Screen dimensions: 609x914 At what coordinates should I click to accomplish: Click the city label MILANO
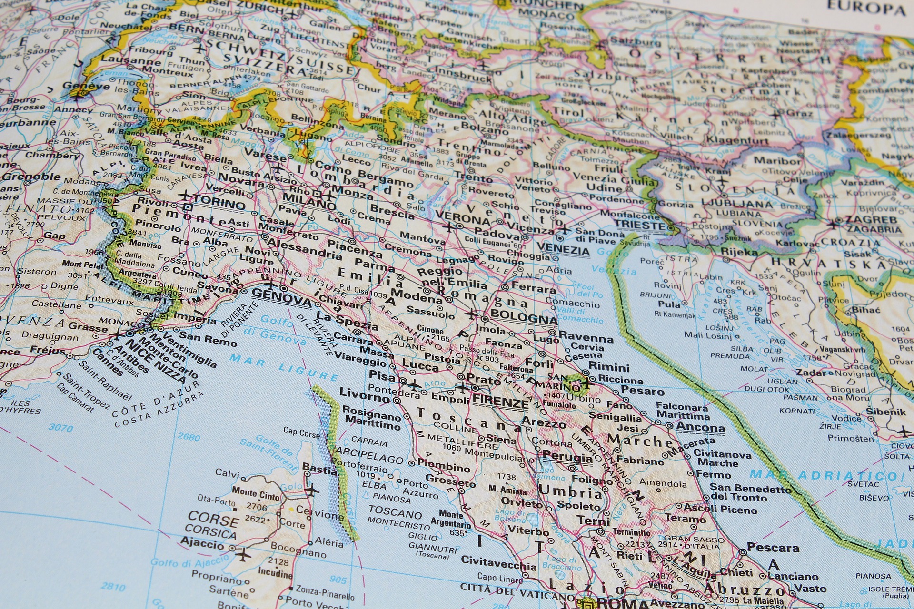tap(309, 202)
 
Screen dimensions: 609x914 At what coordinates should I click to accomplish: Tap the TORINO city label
tap(219, 204)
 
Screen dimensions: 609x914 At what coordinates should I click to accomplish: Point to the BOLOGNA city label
tap(523, 317)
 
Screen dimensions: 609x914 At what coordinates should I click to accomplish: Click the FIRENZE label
tap(500, 402)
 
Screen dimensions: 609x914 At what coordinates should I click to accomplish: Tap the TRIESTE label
tap(639, 225)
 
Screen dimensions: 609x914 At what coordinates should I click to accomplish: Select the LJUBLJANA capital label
tap(746, 204)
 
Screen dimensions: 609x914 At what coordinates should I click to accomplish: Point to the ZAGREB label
tap(871, 220)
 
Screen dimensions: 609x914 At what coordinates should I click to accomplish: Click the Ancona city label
tap(700, 427)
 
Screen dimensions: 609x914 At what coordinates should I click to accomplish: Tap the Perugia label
tap(567, 457)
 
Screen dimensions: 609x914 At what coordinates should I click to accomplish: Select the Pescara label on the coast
tap(773, 548)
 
